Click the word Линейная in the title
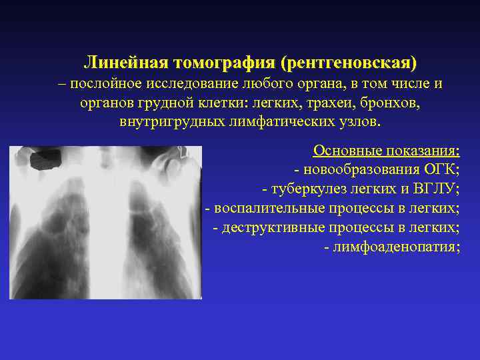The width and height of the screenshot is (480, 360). point(125,63)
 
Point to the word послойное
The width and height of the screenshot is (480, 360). point(101,85)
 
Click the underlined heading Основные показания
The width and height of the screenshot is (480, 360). point(387,151)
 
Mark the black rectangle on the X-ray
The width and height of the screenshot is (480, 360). point(47,159)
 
